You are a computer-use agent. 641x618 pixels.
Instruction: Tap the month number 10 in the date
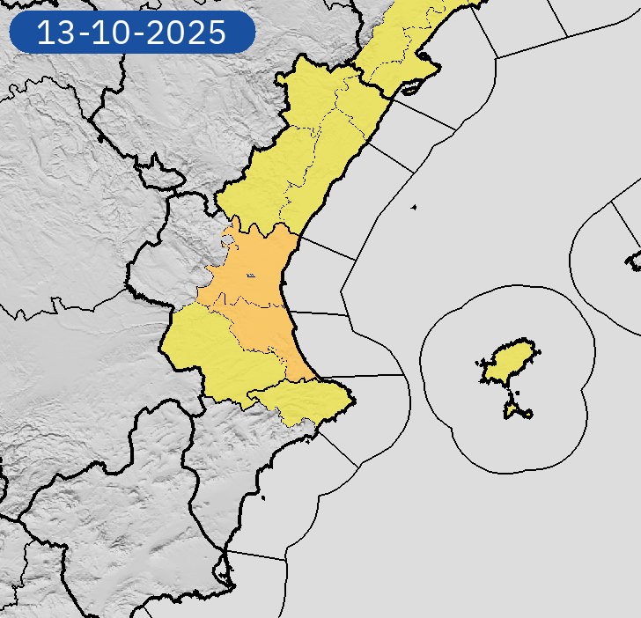tap(119, 33)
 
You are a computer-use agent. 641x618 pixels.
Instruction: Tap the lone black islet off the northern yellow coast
tap(412, 208)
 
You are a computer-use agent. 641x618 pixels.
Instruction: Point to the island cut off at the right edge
tap(634, 260)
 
